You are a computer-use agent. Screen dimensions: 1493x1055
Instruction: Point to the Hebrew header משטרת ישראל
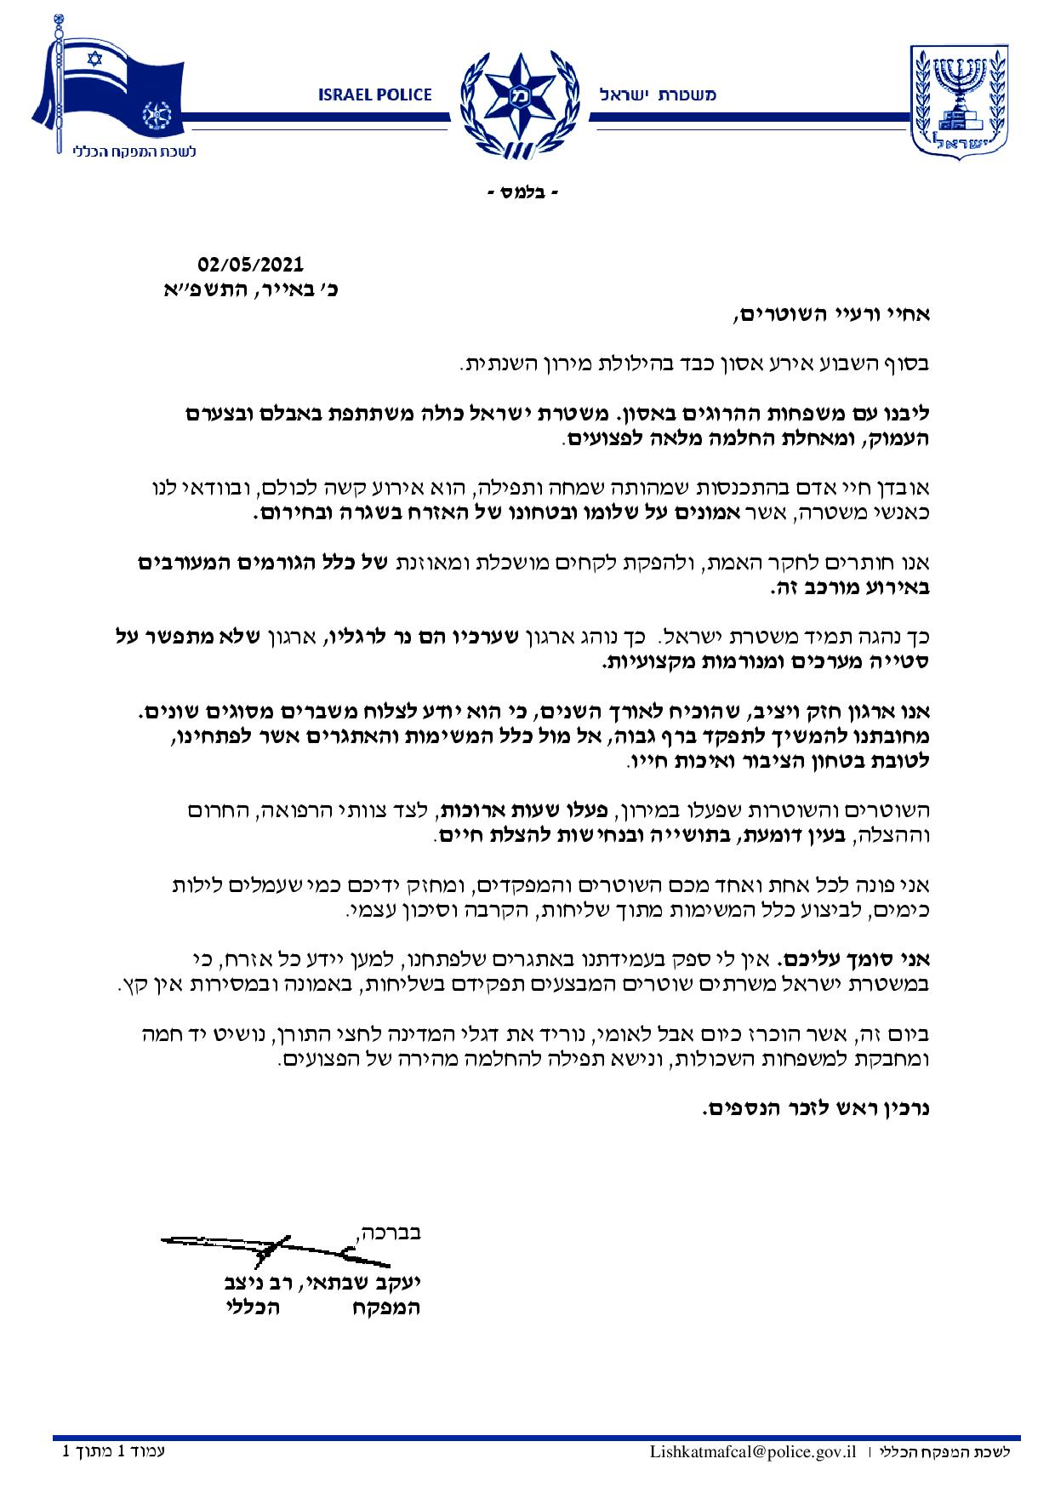pos(658,95)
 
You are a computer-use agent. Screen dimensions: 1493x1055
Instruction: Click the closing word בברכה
pos(387,1231)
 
